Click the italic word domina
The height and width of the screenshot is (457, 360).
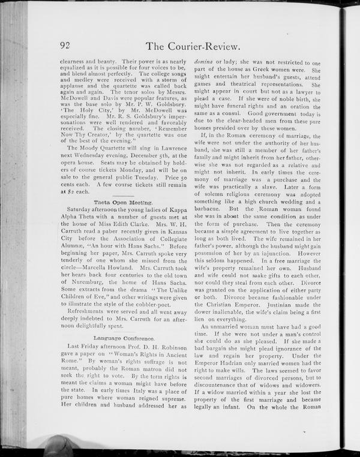[206, 63]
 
